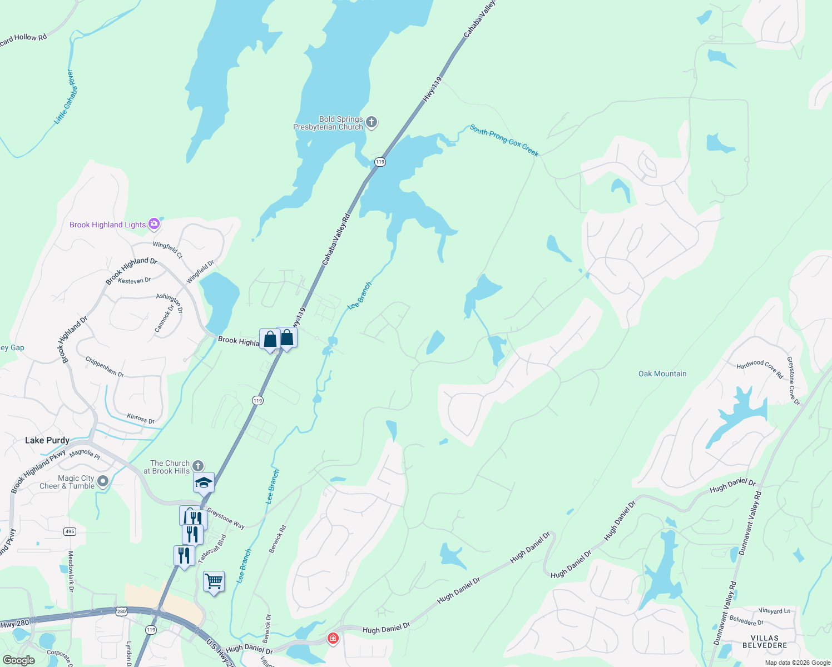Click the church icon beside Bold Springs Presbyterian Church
pos(372,122)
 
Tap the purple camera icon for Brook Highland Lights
pos(154,224)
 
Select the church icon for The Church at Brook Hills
pos(198,466)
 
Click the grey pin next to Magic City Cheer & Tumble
pos(103,481)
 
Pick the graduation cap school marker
pos(204,482)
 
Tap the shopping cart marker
pos(214,582)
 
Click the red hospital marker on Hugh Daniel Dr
pos(333,639)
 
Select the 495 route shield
pos(70,531)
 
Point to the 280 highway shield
pos(122,611)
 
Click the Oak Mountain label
pos(662,374)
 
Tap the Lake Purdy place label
pos(47,440)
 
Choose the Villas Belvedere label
pos(765,642)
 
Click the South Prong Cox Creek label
pos(504,140)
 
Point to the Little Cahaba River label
pos(65,97)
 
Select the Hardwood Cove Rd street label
pos(760,369)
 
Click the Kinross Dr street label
pos(141,419)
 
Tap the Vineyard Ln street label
pos(774,611)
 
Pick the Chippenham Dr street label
pos(105,367)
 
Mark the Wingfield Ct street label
pos(167,250)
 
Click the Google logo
pos(19,660)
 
